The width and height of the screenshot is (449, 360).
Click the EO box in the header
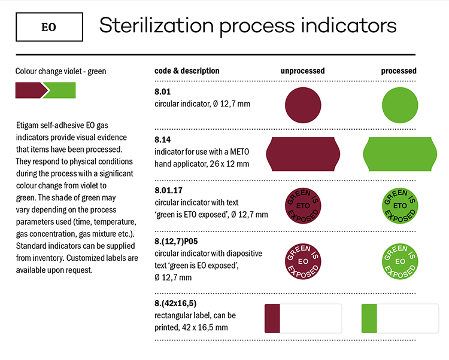pos(49,27)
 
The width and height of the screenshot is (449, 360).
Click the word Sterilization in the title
pos(156,26)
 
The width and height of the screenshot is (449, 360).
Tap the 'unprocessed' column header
pos(302,71)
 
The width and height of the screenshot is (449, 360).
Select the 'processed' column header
pos(399,71)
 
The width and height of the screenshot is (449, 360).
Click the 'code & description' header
pos(187,71)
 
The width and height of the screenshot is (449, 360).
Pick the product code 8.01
pos(162,91)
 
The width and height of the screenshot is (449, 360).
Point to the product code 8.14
pos(162,139)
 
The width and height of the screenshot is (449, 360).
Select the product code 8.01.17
pos(168,190)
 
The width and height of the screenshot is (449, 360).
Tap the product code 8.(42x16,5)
pos(175,303)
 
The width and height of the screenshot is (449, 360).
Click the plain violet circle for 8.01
pos(303,105)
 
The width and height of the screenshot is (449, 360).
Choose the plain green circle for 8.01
pos(400,105)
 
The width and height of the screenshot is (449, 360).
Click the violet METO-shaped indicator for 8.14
pos(303,154)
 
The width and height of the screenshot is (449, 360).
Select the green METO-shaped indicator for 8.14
pos(400,154)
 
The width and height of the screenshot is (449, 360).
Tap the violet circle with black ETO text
pos(303,206)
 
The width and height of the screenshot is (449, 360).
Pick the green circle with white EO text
pos(400,261)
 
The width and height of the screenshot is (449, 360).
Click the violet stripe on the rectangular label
pos(272,319)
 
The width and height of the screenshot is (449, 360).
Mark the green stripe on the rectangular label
pos(369,319)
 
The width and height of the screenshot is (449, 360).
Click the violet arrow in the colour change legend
pos(31,90)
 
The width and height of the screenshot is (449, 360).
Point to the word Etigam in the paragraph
pos(27,126)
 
